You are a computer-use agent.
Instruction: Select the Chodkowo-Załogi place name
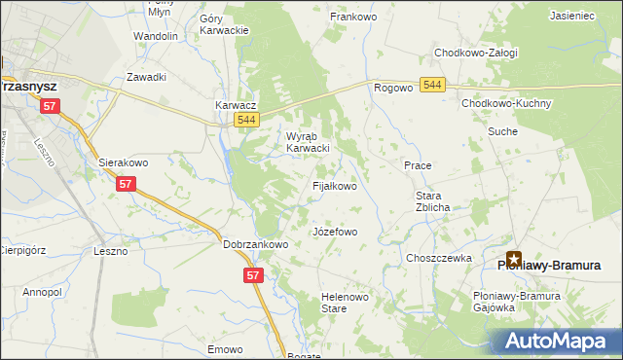coord(476,53)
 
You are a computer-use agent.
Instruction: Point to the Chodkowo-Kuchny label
coord(500,102)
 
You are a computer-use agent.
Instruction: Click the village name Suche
coord(502,130)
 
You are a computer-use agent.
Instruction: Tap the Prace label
coord(418,165)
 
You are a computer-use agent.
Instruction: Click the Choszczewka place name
coord(439,258)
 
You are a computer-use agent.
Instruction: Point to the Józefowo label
coord(335,233)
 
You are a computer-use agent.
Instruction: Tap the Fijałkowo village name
coord(334,185)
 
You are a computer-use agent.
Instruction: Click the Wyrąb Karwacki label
coord(308,142)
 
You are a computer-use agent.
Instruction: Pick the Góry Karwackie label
coord(224,24)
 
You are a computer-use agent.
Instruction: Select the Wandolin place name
coord(156,36)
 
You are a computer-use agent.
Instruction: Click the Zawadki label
coord(147,77)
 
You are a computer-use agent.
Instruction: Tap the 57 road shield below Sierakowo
coord(125,183)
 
